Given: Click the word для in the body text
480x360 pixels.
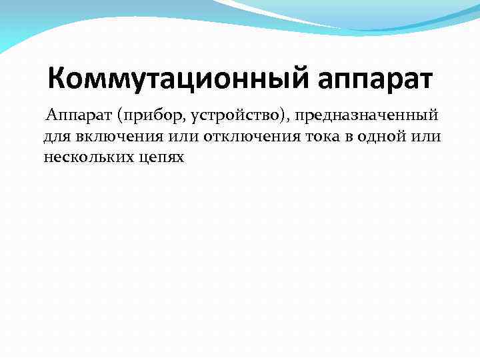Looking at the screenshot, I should point(55,137).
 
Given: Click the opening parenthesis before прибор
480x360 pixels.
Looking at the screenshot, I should point(120,116).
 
